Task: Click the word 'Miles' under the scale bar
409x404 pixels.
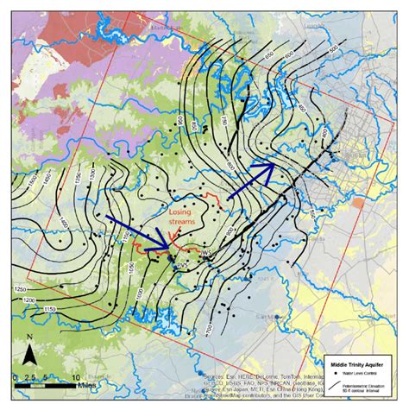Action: click(x=55, y=385)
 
